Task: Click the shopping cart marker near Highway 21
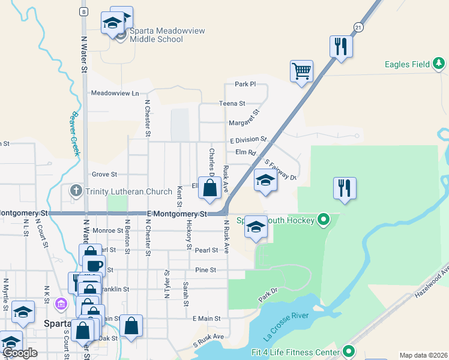coord(301,71)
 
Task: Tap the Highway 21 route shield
coord(358,28)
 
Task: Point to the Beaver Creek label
coord(76,133)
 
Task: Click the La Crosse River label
coord(285,327)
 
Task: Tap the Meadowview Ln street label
coord(115,93)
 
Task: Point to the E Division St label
coord(248,140)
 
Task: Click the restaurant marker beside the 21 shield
coord(341,46)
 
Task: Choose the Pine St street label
coord(205,270)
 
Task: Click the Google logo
coord(20,353)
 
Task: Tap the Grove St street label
coord(104,175)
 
